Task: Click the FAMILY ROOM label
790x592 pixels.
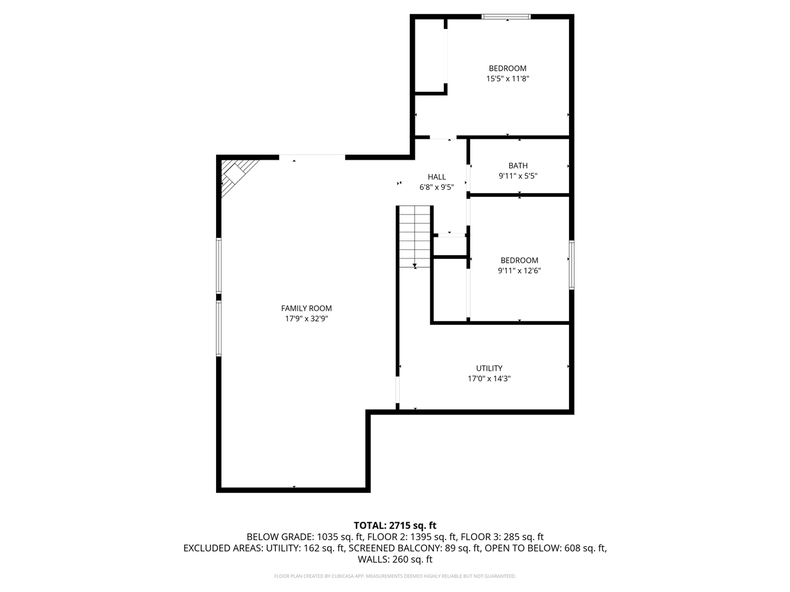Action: point(306,308)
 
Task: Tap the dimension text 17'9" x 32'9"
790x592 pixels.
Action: point(306,319)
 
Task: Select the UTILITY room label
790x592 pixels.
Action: point(489,368)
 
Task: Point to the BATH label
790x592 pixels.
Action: point(518,165)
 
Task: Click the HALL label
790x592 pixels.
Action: point(436,177)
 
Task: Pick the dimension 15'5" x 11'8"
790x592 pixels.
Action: point(507,79)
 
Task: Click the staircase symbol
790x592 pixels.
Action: point(414,236)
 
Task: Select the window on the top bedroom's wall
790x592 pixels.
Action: point(506,17)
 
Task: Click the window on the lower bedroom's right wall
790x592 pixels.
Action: point(572,265)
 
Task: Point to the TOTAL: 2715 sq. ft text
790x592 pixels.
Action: point(395,525)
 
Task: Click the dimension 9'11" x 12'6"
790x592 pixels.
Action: point(519,271)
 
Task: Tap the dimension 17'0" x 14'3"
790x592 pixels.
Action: point(489,379)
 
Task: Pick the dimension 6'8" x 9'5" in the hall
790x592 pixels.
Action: point(436,187)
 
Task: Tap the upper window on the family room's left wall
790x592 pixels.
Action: point(218,266)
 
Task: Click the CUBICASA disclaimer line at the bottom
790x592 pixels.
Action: point(395,576)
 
